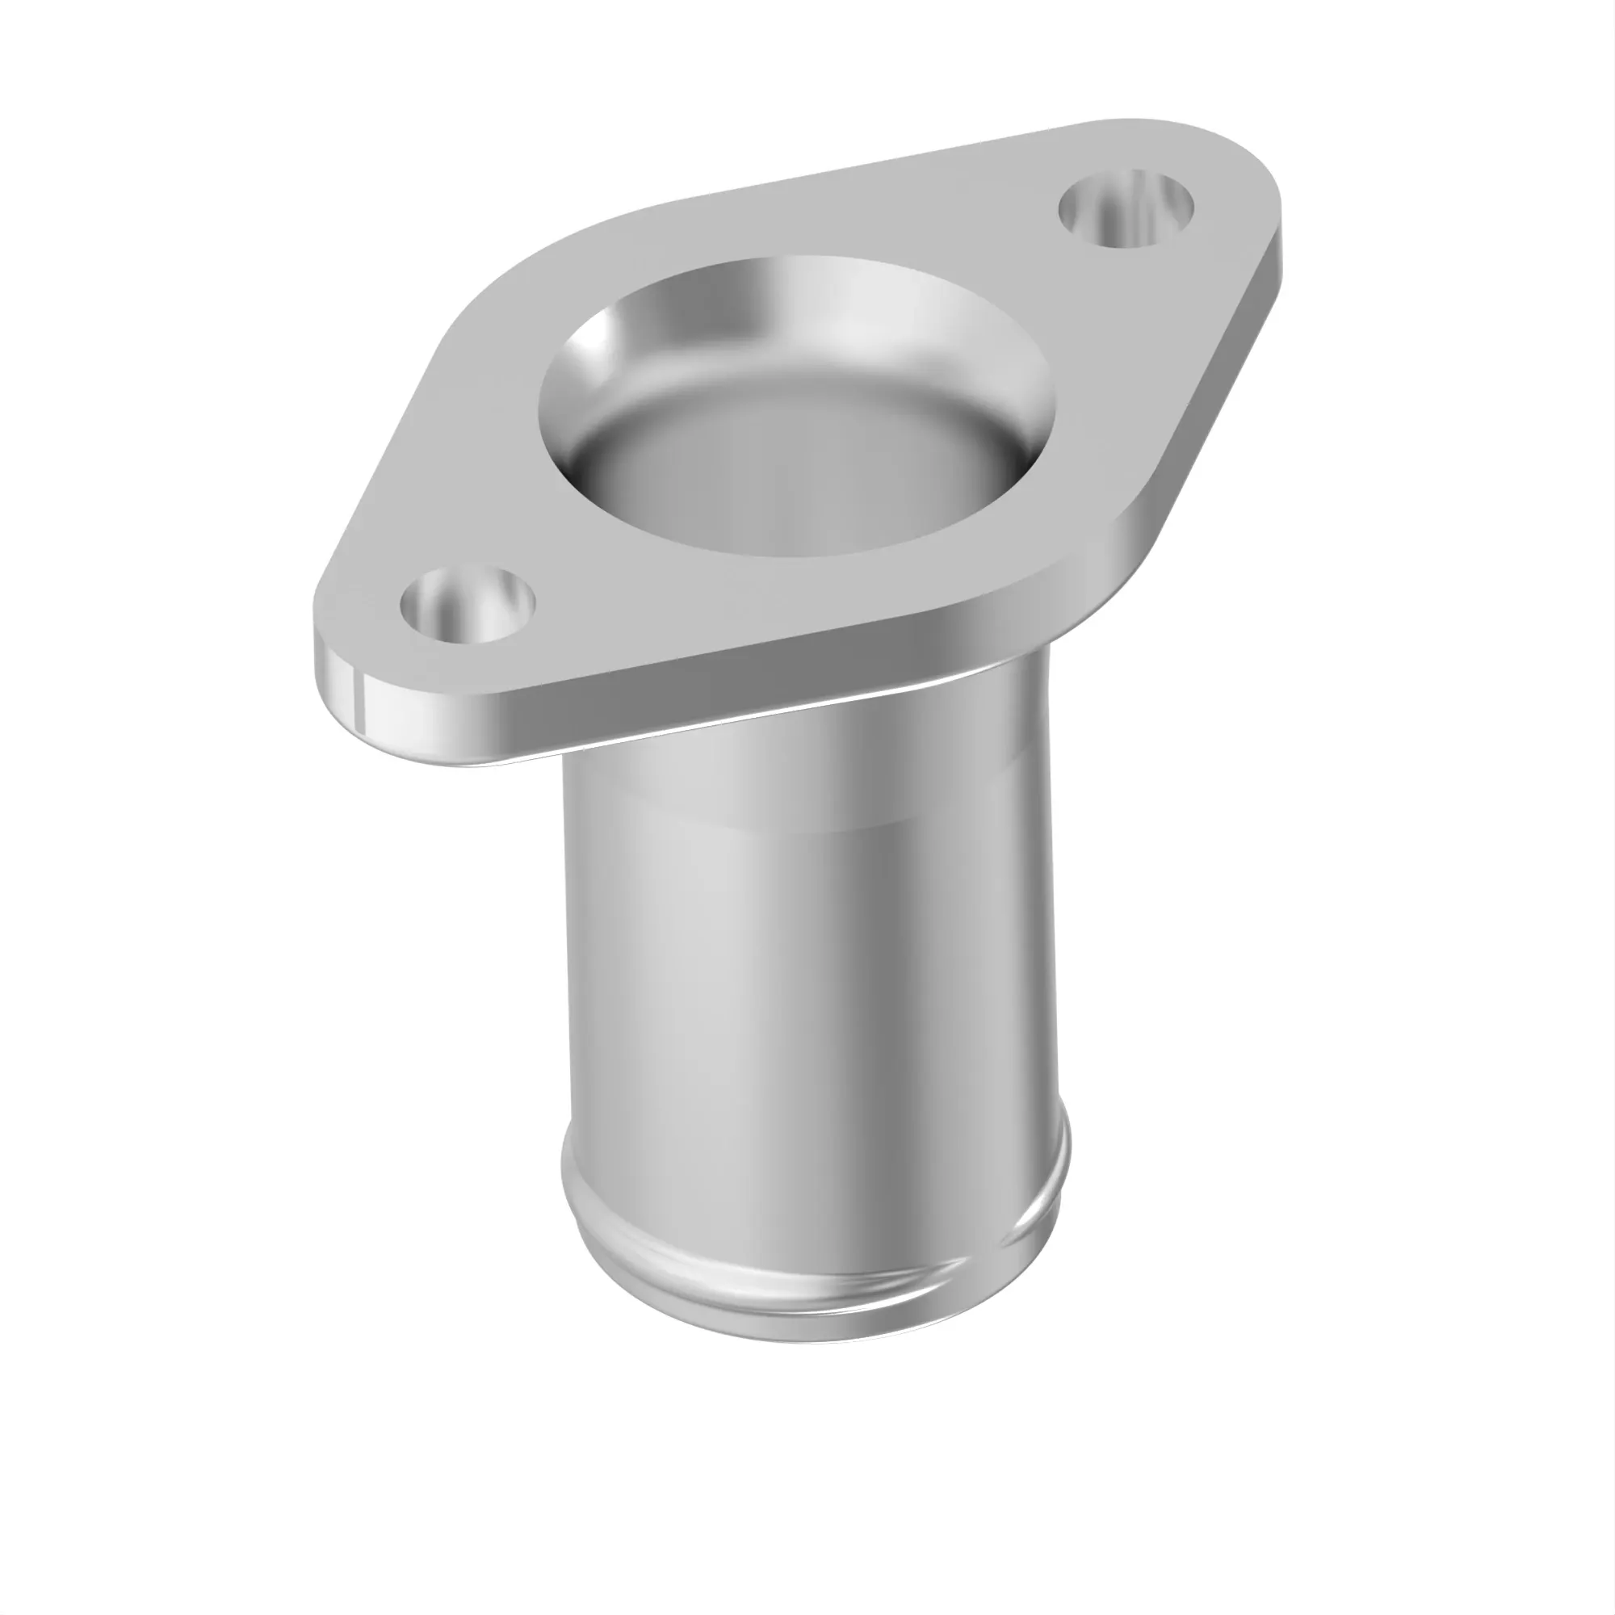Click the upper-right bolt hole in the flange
coord(1125,208)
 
